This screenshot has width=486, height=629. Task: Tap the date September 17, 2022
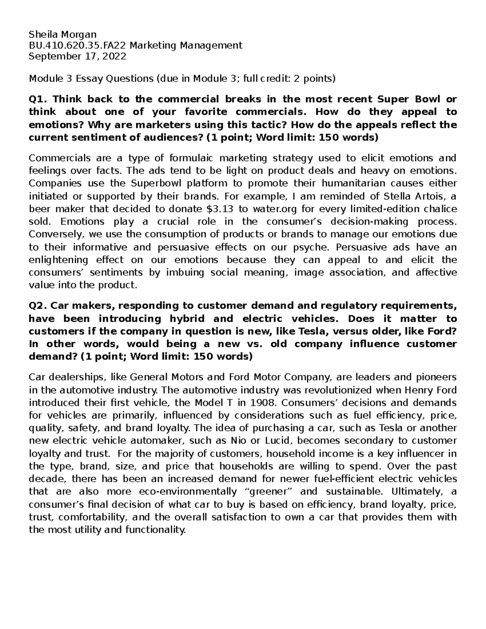[77, 56]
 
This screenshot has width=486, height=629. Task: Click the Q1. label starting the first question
[37, 99]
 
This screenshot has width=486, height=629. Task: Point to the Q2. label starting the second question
[37, 305]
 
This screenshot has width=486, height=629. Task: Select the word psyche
[312, 247]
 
